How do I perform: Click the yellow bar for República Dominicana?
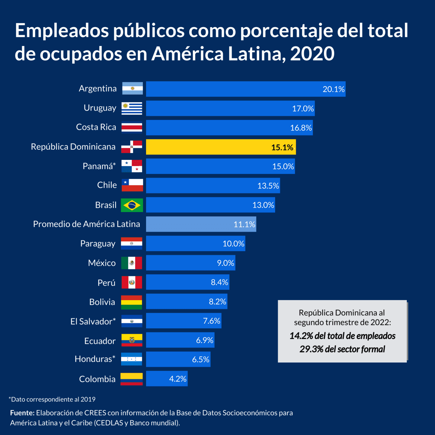pos(221,147)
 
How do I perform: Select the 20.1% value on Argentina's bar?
pos(333,89)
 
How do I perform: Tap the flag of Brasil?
pos(132,205)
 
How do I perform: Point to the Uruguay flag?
pos(132,108)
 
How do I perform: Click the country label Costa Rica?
pos(96,127)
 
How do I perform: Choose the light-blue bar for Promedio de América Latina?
pos(201,224)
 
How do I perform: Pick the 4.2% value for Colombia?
pos(178,379)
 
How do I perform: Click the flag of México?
pos(132,263)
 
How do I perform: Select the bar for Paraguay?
pos(195,244)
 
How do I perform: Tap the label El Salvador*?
pos(93,321)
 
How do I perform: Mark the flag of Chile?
pos(132,185)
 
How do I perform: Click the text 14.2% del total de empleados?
pos(342,336)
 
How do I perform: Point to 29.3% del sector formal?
pos(342,349)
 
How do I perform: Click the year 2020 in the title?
pos(312,54)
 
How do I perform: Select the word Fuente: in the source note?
pos(22,413)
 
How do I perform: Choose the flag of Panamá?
pos(132,166)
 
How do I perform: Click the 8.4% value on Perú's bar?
pos(219,282)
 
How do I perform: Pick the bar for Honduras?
pos(178,359)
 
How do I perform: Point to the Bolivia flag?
pos(132,302)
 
